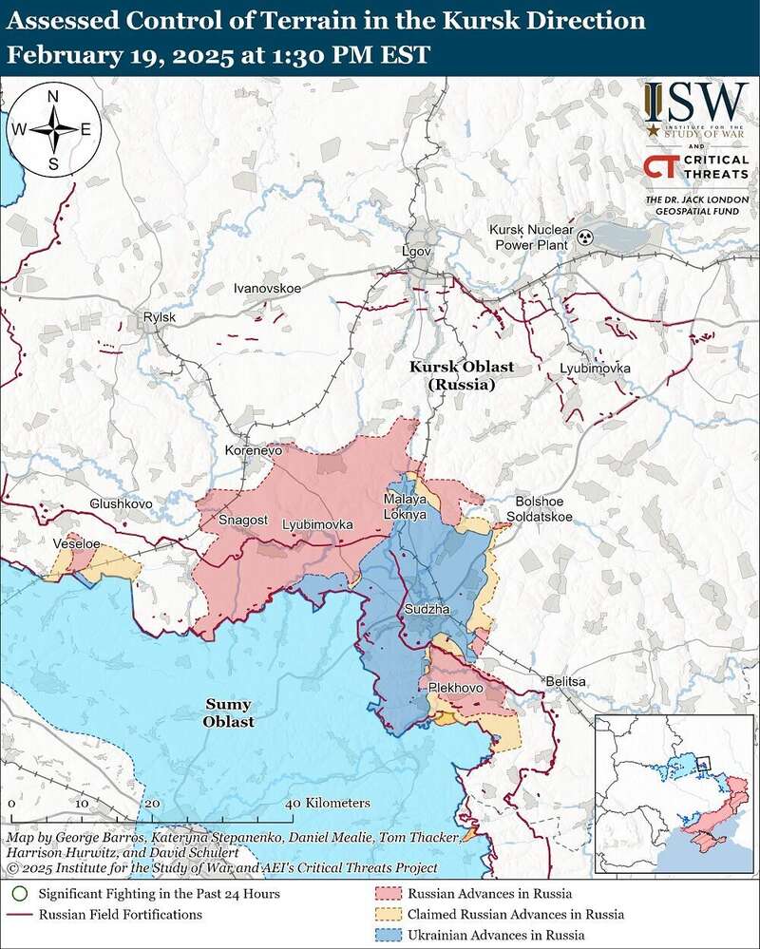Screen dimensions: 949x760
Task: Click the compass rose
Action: (x=54, y=130)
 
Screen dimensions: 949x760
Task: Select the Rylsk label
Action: (x=154, y=317)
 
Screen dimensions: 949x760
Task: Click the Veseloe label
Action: (x=78, y=543)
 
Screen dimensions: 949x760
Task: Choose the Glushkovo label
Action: (x=121, y=503)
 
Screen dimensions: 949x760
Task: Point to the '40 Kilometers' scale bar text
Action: (x=329, y=804)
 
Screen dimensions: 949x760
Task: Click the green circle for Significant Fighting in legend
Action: (x=19, y=894)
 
